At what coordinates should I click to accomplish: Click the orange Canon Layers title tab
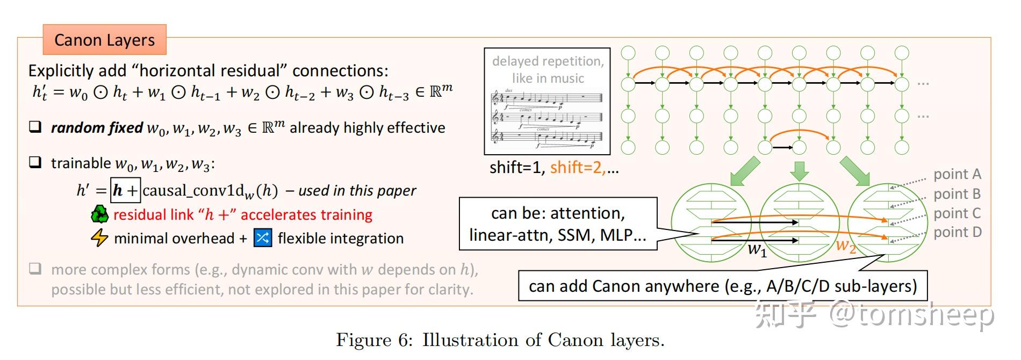click(104, 40)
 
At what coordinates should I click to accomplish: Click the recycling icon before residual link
click(99, 214)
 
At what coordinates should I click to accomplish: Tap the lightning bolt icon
click(99, 237)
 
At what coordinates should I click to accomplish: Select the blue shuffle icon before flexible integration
click(263, 237)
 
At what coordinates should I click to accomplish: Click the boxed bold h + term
click(125, 190)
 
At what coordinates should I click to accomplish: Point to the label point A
click(957, 174)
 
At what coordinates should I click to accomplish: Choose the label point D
click(957, 232)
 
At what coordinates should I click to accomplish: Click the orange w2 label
click(845, 246)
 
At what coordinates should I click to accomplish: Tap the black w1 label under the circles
click(757, 249)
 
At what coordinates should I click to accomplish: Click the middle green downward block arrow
click(800, 170)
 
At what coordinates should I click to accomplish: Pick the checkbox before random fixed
click(35, 127)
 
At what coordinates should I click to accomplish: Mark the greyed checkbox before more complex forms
click(35, 269)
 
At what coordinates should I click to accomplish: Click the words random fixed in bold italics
click(97, 128)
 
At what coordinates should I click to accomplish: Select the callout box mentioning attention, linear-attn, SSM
click(558, 224)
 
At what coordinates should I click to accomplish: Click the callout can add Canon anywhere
click(722, 286)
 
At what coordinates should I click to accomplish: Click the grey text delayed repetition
click(548, 61)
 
